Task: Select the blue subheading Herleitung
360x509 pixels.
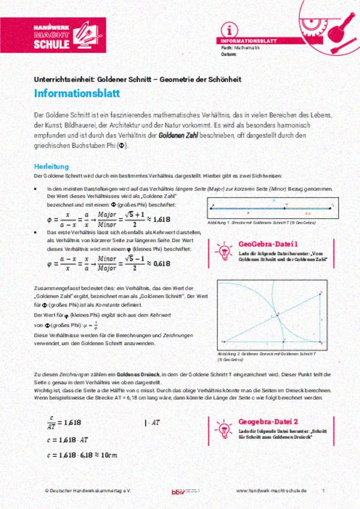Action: [x=51, y=165]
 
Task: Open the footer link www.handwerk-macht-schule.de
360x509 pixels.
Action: [x=271, y=490]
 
